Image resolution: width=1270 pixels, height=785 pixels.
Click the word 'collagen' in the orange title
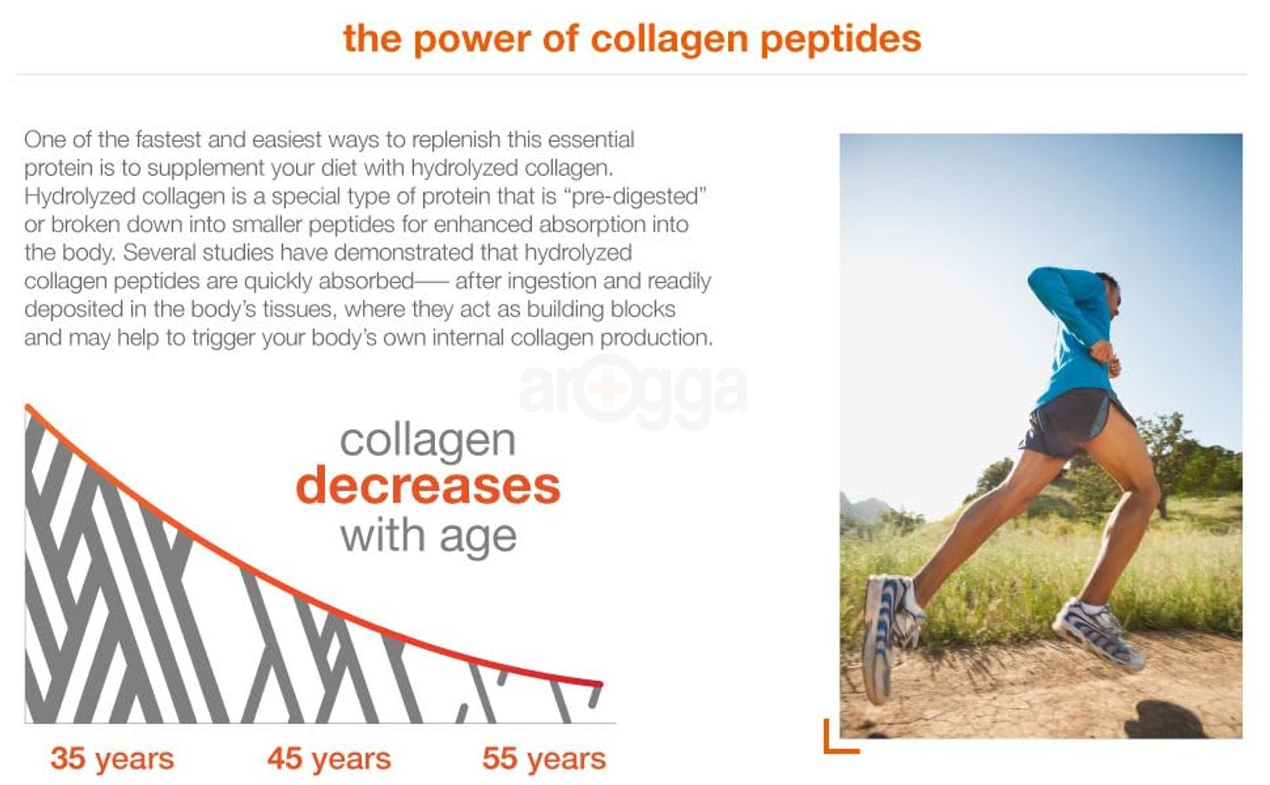[x=668, y=39]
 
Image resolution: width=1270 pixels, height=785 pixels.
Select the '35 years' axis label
[x=112, y=759]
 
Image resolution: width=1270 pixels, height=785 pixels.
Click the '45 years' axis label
[x=328, y=759]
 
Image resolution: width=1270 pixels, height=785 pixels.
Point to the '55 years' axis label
[x=544, y=759]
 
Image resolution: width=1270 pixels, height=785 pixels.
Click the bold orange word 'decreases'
[x=428, y=486]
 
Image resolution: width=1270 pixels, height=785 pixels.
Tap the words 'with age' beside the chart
[x=428, y=537]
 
